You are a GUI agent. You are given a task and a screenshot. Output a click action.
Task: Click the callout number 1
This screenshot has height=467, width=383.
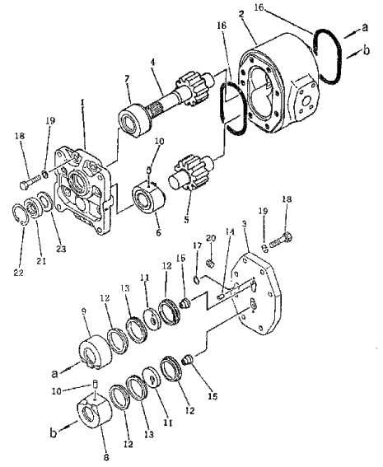click(x=83, y=103)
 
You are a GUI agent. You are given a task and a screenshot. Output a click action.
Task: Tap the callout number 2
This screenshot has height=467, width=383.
click(x=241, y=14)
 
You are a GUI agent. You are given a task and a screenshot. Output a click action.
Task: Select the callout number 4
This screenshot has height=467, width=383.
click(x=152, y=63)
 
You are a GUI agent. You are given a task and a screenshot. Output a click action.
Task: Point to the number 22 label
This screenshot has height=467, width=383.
click(x=18, y=273)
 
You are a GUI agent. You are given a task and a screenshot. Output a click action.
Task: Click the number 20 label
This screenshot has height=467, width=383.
click(x=211, y=238)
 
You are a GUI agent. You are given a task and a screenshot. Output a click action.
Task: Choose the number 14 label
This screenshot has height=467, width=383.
click(x=230, y=231)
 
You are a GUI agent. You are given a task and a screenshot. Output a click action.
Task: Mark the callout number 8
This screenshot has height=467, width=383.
click(x=106, y=457)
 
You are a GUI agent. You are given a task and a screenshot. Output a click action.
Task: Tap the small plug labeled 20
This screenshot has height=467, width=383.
click(x=211, y=263)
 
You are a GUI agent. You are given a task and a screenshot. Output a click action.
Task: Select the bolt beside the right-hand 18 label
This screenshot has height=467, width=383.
click(x=281, y=241)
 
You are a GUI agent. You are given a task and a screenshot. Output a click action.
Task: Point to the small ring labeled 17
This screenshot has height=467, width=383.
click(x=197, y=280)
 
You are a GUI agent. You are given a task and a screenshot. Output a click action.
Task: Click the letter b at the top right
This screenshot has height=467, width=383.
click(x=367, y=50)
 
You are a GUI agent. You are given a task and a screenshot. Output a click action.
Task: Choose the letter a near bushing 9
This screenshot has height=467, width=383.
click(x=54, y=373)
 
